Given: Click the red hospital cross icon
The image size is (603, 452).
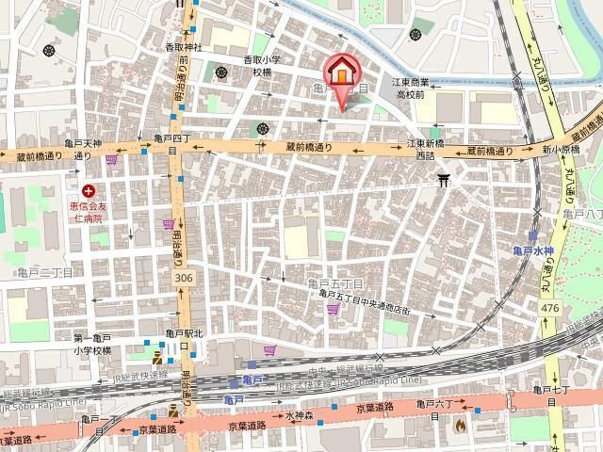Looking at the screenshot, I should pyautogui.click(x=88, y=191).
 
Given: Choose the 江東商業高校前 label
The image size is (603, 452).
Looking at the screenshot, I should pyautogui.click(x=437, y=88).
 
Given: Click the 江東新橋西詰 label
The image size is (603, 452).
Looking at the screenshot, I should pyautogui.click(x=426, y=149).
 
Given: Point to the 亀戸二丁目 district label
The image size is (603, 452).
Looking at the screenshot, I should pyautogui.click(x=44, y=271).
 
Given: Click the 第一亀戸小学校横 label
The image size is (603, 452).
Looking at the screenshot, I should pyautogui.click(x=93, y=344).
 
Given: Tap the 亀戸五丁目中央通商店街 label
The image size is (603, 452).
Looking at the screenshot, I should pyautogui.click(x=365, y=298).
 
